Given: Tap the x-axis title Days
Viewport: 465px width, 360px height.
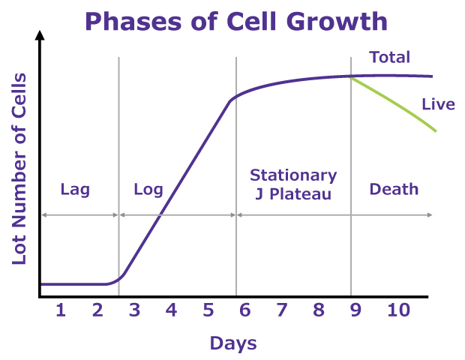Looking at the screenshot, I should pos(232,343).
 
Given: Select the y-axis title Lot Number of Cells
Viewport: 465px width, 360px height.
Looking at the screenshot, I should pos(19,169).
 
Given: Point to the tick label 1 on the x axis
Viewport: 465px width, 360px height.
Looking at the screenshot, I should pos(61,310).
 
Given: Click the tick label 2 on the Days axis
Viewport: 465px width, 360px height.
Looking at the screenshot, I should pos(97,310).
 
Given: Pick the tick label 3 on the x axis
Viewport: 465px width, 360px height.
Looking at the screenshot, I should pos(134,310).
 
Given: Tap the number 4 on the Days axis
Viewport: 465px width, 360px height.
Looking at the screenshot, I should pos(171,310).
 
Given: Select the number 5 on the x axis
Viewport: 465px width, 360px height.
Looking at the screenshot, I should pos(208,310).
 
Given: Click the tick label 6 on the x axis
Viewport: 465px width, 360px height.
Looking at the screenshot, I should pos(244,310).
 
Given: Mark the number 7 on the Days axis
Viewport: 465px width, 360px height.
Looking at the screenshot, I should pos(281,310).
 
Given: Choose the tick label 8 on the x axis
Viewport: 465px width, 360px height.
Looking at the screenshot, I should pos(318,310).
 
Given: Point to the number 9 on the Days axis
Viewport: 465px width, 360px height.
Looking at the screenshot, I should pos(355,310).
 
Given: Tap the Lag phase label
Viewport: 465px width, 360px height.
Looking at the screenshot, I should pos(75,189).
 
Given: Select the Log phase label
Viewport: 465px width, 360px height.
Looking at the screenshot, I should pos(148,189).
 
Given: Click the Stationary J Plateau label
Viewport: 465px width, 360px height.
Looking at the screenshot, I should pos(293,184).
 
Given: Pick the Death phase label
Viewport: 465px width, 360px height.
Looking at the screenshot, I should pos(394,189).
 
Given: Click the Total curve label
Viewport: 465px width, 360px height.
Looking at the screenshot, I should pos(390,58).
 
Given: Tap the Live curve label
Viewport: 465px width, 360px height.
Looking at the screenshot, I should pos(438,104).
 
